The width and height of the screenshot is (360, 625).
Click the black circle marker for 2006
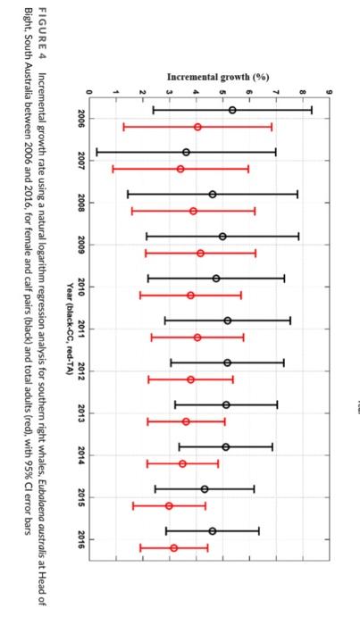pyautogui.click(x=232, y=110)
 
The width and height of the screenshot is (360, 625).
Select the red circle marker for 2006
pyautogui.click(x=197, y=127)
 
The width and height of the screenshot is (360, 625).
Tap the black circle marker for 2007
pyautogui.click(x=186, y=152)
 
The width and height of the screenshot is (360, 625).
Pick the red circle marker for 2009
pyautogui.click(x=200, y=254)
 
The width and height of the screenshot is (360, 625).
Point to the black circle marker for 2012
pyautogui.click(x=227, y=362)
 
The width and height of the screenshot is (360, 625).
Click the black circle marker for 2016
pyautogui.click(x=213, y=530)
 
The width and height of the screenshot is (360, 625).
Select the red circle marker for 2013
pyautogui.click(x=186, y=421)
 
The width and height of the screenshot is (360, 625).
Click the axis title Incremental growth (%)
pyautogui.click(x=218, y=77)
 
